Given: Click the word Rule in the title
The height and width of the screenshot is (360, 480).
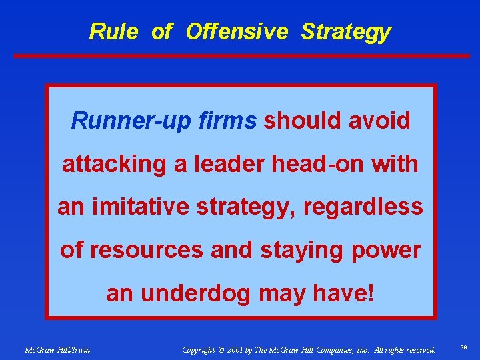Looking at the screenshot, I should coord(113,31).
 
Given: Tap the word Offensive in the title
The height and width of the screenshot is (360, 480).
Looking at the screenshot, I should coord(237,31).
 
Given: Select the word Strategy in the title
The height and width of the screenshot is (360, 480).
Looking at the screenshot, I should coord(345,32).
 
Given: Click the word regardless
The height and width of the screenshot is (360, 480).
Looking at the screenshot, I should coord(363,207).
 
